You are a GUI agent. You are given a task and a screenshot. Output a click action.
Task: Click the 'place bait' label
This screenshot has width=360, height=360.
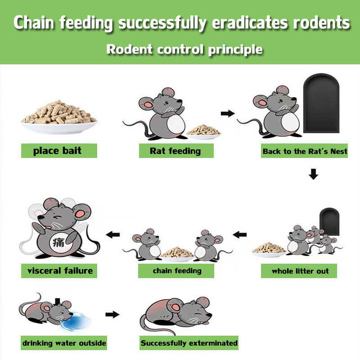[x=59, y=151]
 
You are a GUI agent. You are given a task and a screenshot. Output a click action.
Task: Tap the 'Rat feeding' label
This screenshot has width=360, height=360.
[x=175, y=151]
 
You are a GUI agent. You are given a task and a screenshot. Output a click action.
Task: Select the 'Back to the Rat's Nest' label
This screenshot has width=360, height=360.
[x=305, y=151]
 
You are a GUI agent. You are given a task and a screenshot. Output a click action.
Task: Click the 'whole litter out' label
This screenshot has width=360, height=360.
[x=300, y=271]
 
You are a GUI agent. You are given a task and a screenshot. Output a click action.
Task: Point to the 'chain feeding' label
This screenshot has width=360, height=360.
[x=177, y=271]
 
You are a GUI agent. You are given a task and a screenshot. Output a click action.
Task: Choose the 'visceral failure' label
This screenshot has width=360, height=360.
[x=59, y=271]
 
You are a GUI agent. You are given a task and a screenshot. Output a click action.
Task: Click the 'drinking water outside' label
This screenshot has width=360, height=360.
[x=64, y=343]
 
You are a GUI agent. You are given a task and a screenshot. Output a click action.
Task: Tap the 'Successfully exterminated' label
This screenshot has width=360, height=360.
[x=189, y=343]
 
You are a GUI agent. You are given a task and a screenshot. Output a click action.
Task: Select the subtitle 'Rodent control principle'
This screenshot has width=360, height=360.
[x=184, y=49]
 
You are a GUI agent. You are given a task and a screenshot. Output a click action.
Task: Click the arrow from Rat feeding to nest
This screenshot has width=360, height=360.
[x=228, y=113]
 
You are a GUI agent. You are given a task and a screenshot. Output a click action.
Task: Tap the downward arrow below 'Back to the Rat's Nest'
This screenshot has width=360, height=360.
[x=314, y=174]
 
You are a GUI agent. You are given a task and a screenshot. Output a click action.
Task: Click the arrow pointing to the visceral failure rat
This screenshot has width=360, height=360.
[x=112, y=234]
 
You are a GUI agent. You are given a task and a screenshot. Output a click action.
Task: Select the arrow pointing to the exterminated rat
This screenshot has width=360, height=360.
[x=112, y=314]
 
